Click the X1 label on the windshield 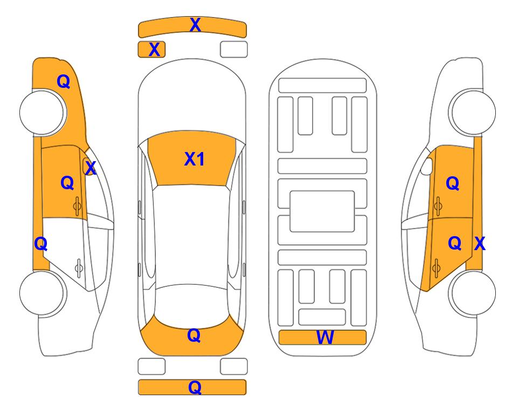click(195, 159)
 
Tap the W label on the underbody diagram click(324, 337)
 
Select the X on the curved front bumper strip click(195, 25)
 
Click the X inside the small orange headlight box click(154, 50)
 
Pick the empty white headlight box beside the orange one click(234, 50)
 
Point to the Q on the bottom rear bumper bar click(195, 387)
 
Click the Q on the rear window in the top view click(194, 335)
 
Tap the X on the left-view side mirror click(91, 168)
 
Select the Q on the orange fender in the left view click(64, 81)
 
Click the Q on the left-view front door click(67, 183)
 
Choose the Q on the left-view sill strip click(41, 244)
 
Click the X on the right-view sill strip click(480, 244)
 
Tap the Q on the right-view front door click(453, 183)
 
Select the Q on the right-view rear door click(454, 243)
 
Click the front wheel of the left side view click(41, 112)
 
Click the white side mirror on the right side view click(427, 166)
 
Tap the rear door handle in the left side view click(79, 267)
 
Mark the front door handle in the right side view click(438, 206)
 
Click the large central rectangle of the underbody click(322, 211)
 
